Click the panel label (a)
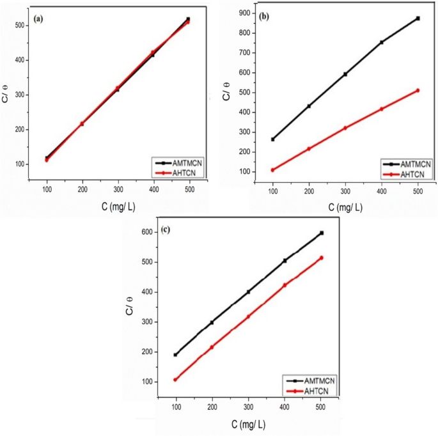click(39, 19)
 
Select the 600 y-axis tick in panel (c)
click(148, 232)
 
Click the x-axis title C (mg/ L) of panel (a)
click(117, 206)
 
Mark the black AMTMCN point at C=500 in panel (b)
click(418, 19)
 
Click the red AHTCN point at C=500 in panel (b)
click(418, 90)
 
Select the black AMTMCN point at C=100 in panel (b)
click(273, 139)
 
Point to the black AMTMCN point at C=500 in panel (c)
click(322, 233)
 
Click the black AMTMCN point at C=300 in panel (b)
click(345, 74)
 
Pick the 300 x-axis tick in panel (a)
click(118, 191)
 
